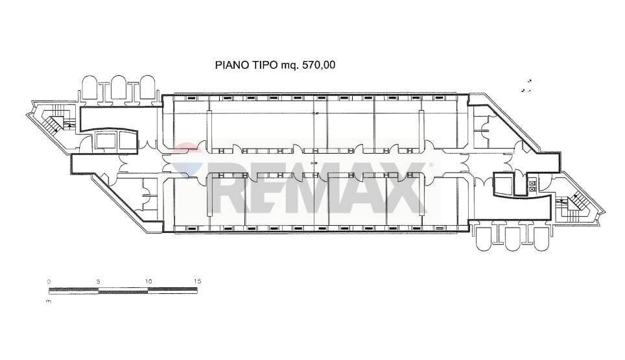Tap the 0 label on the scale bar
pos(49,281)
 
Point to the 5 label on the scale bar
pos(98,281)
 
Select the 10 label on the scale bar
pos(148,281)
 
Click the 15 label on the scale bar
pos(198,281)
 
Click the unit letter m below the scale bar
pos(49,302)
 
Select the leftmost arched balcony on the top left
pos(89,88)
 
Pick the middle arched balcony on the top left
pos(118,88)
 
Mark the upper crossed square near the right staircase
pos(532,184)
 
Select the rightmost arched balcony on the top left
pos(148,88)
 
